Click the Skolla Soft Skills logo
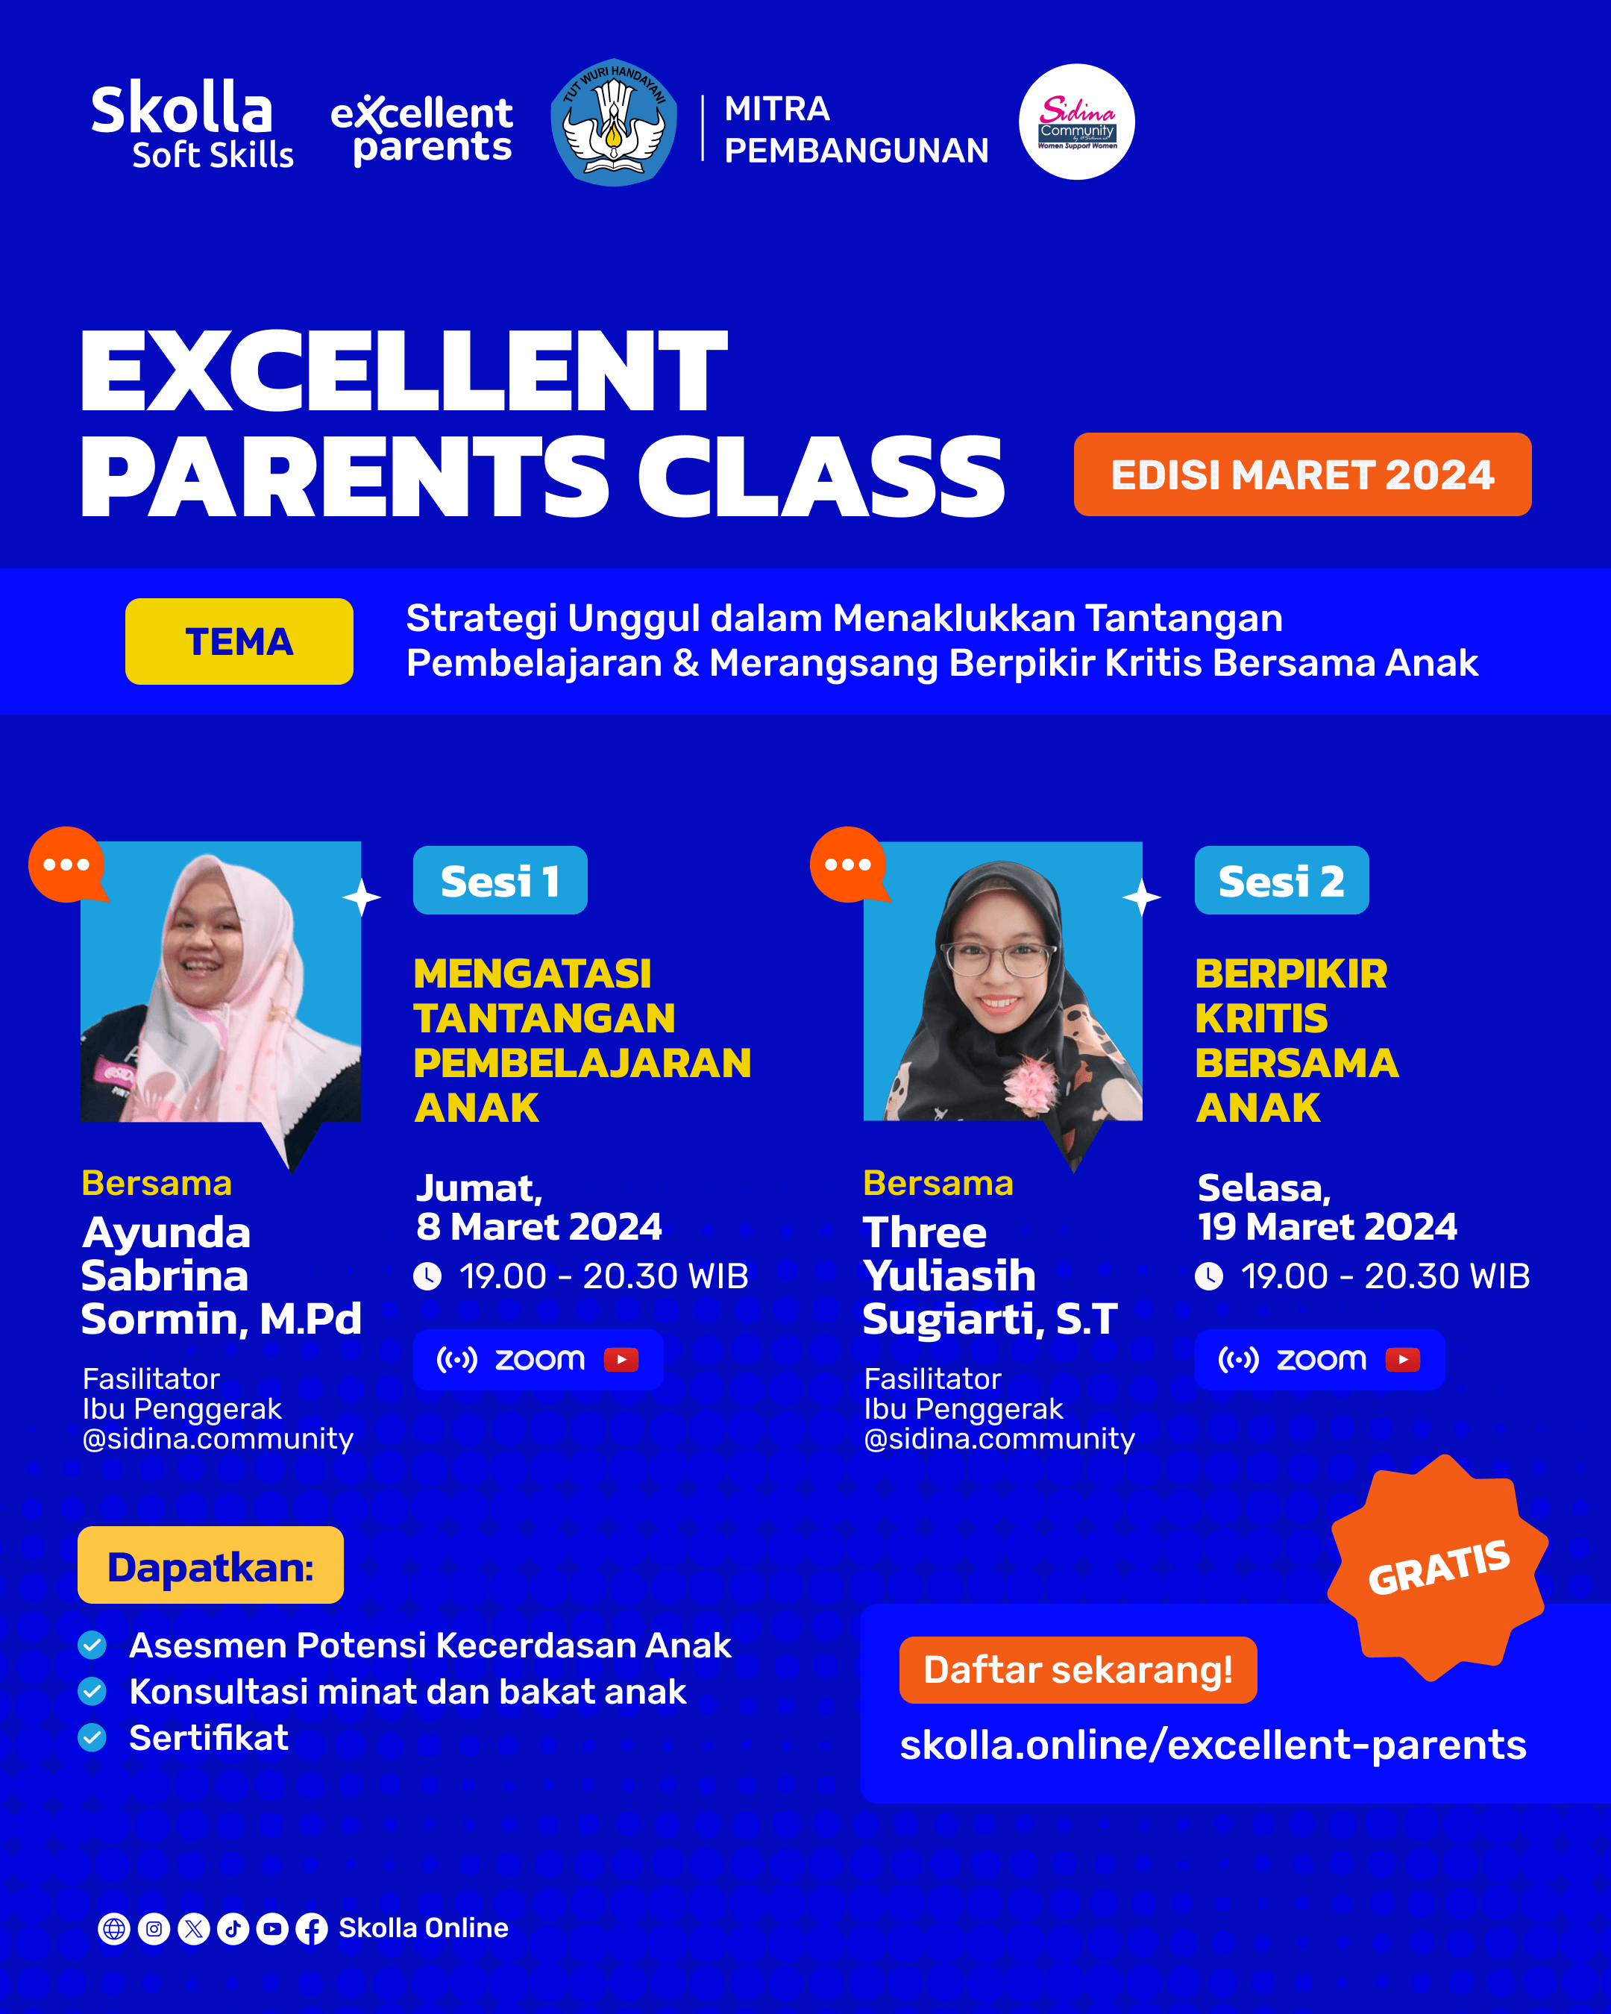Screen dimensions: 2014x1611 [x=192, y=125]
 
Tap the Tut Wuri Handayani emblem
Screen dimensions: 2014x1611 [x=614, y=122]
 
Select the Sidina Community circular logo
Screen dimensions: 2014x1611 [x=1076, y=122]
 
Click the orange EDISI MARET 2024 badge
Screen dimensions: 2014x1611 [x=1302, y=474]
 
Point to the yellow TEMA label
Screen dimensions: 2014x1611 [x=239, y=641]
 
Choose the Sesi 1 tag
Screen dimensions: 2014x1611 [x=500, y=881]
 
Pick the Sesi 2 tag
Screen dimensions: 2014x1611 [x=1281, y=881]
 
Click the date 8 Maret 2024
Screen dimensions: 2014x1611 [x=539, y=1226]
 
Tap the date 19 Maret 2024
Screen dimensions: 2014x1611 [x=1327, y=1226]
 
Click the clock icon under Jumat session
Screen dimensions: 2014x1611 [x=427, y=1276]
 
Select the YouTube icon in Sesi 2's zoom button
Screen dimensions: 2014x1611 [x=1403, y=1359]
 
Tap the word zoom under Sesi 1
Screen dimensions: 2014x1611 [x=540, y=1359]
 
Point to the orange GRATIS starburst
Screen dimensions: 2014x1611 [x=1438, y=1566]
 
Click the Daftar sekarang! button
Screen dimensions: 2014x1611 [x=1078, y=1669]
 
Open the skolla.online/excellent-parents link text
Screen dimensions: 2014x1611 [x=1212, y=1745]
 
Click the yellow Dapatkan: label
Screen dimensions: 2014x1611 [x=210, y=1566]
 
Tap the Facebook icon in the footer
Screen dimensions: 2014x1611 [x=311, y=1929]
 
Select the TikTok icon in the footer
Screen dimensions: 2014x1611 [x=233, y=1929]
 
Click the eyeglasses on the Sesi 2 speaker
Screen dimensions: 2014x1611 [x=999, y=959]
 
